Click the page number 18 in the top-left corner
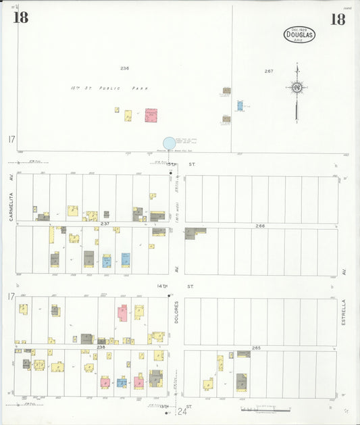(x=20, y=18)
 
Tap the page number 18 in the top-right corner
(x=337, y=19)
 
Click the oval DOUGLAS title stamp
(x=299, y=34)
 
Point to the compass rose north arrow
(x=296, y=88)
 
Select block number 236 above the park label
(x=124, y=68)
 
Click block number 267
(x=269, y=71)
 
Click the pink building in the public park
(x=151, y=116)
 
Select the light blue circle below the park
(x=169, y=143)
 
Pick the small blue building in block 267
(x=240, y=106)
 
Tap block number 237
(x=105, y=223)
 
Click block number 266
(x=260, y=225)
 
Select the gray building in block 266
(x=190, y=233)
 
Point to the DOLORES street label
(x=176, y=312)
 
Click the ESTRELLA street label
(x=343, y=313)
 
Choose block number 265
(x=256, y=347)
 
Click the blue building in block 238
(x=122, y=382)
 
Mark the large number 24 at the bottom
(x=182, y=411)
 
